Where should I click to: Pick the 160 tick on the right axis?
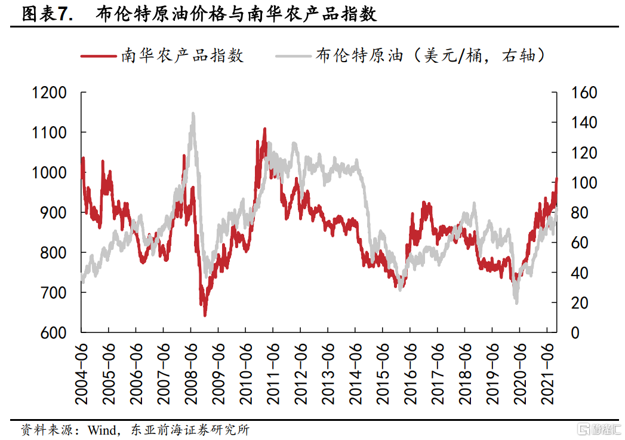(x=584, y=93)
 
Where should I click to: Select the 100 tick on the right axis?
(x=584, y=183)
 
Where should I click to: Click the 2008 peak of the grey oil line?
(x=193, y=113)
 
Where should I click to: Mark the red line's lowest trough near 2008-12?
(x=205, y=315)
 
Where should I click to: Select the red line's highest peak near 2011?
(x=264, y=129)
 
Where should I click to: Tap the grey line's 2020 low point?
(x=516, y=303)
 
